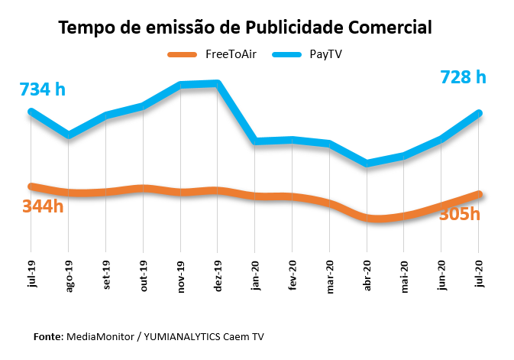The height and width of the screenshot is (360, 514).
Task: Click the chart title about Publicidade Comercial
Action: click(245, 28)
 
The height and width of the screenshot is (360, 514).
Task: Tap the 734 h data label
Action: click(43, 89)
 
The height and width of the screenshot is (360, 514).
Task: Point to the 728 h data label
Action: click(463, 77)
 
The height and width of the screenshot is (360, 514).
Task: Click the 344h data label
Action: click(43, 206)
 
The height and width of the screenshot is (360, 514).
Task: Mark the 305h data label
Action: click(459, 214)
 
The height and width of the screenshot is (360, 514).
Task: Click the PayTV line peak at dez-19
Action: click(218, 83)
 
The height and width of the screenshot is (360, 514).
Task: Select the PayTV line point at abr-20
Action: click(367, 163)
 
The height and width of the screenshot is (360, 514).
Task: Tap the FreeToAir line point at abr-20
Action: click(367, 218)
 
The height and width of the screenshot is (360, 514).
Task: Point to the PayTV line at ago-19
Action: click(69, 135)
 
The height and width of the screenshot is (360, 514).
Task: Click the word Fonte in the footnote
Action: click(48, 336)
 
